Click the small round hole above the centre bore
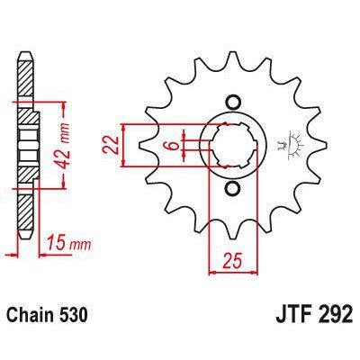[234, 101]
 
